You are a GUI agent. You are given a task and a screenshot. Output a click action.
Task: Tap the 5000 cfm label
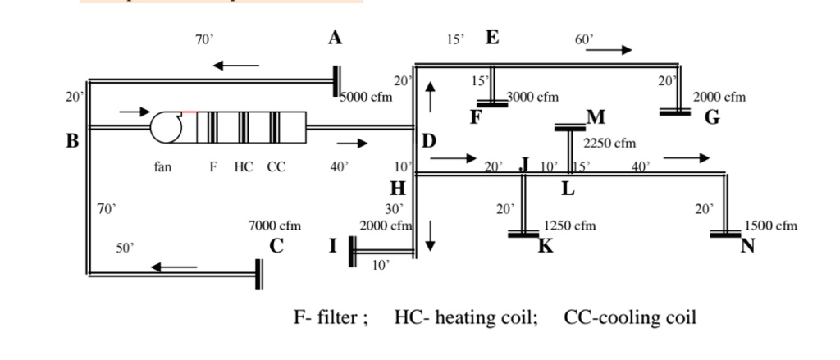367,97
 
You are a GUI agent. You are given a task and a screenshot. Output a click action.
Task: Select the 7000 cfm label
275,225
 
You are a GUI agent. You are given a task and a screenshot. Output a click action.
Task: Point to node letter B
72,141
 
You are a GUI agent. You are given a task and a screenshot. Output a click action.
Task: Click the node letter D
429,141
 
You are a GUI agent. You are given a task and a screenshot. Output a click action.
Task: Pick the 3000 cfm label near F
533,97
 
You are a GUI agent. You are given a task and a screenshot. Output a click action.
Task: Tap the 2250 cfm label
609,144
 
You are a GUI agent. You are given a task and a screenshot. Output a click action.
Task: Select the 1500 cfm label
770,226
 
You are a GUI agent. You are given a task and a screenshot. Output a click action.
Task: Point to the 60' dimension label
583,39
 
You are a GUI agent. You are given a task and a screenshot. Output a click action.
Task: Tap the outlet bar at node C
259,274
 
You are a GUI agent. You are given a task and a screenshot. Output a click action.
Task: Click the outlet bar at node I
352,251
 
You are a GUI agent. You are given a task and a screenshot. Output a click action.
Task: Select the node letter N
747,245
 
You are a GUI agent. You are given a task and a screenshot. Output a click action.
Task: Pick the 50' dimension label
124,246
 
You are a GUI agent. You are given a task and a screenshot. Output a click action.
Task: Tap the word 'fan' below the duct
162,167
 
